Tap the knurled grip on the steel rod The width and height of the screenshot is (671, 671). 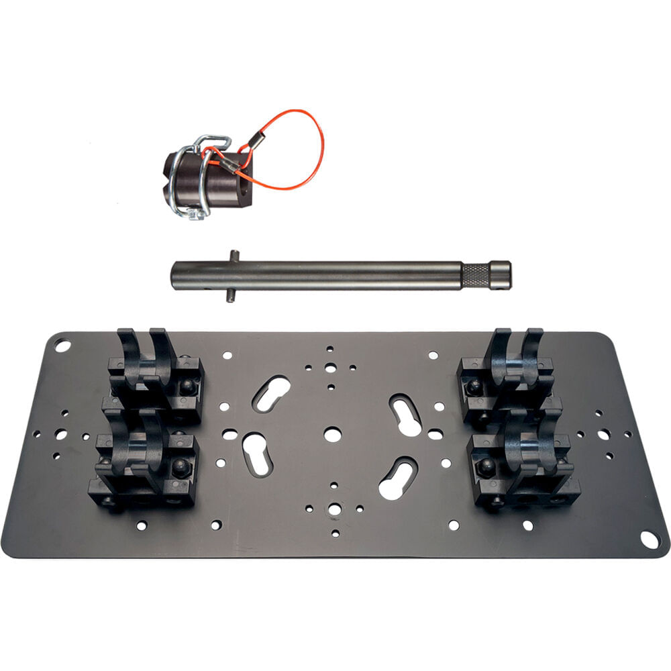pyautogui.click(x=476, y=274)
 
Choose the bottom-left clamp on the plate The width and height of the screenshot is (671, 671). pyautogui.click(x=144, y=463)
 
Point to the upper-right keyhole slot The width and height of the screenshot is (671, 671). pyautogui.click(x=405, y=413)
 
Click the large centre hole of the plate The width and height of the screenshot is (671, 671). pyautogui.click(x=332, y=434)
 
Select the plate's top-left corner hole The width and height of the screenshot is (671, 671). pyautogui.click(x=62, y=346)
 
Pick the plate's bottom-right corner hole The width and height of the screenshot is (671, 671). pyautogui.click(x=649, y=539)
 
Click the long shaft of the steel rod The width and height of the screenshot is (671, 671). pyautogui.click(x=335, y=275)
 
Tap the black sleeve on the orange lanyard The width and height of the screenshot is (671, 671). pyautogui.click(x=256, y=142)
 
